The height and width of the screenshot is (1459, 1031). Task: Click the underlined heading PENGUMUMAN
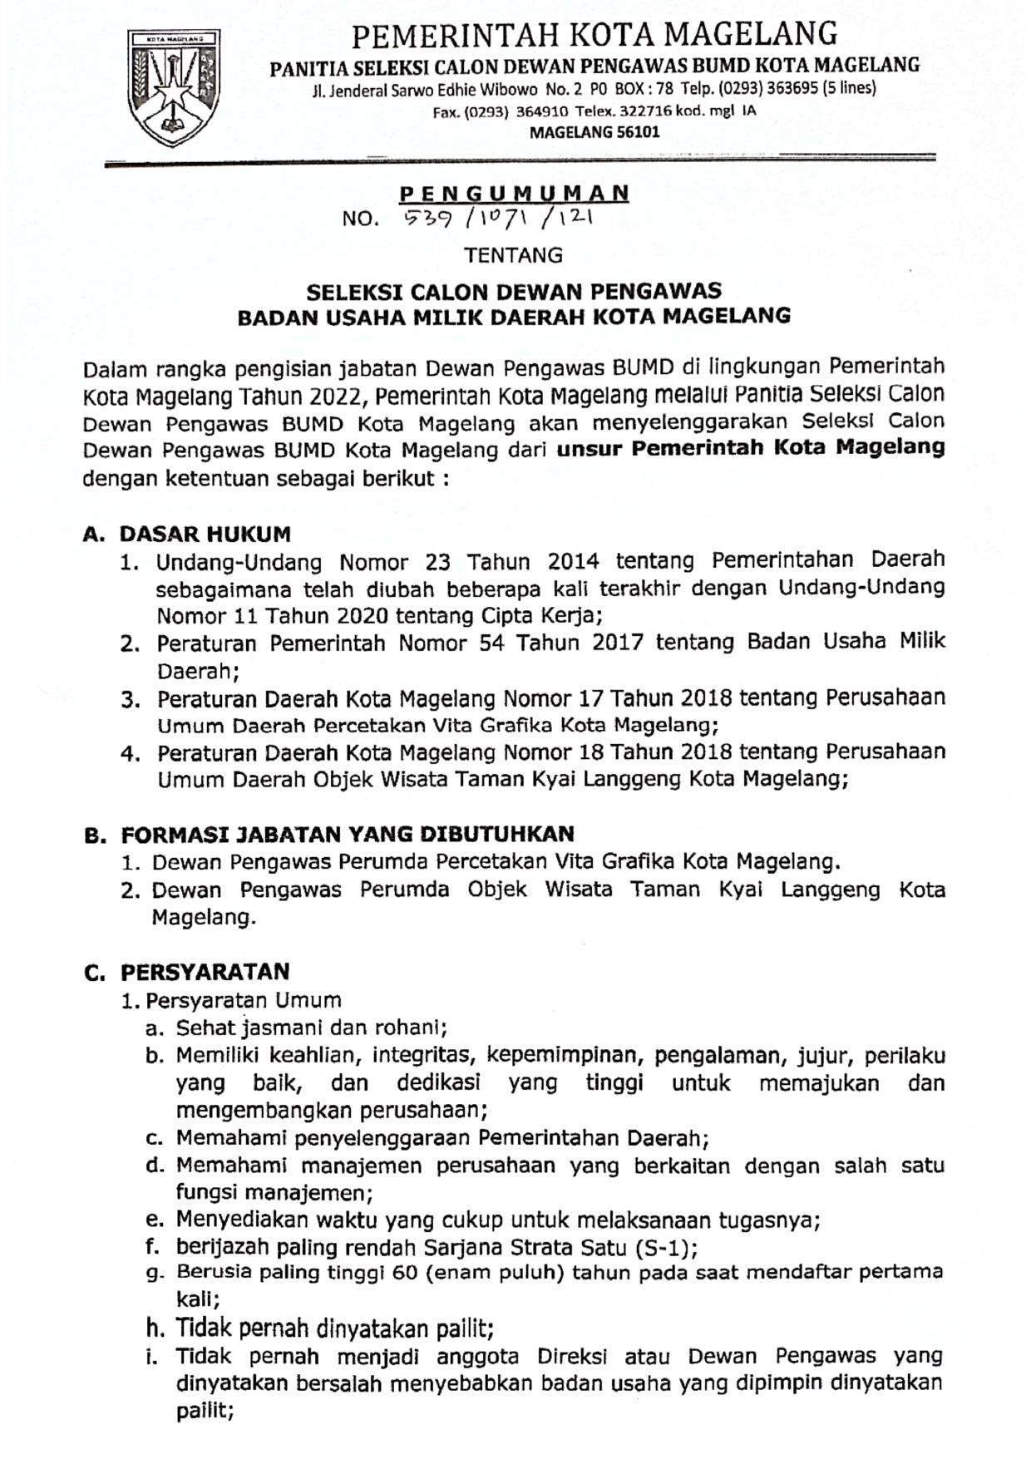[x=514, y=195]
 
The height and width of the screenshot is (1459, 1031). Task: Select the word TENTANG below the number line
[x=513, y=255]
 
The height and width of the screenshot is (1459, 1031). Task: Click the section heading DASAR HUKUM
[x=205, y=534]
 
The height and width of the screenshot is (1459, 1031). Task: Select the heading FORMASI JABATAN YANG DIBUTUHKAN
[x=348, y=834]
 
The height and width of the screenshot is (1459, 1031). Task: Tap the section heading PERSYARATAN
[x=205, y=972]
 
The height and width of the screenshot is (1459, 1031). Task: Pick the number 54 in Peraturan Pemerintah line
[x=491, y=643]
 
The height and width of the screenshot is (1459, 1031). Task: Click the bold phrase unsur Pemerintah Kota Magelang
[x=750, y=448]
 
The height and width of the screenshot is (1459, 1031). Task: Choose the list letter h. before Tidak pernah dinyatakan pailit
[x=154, y=1328]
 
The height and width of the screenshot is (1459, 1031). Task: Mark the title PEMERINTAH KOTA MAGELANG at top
[x=594, y=35]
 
